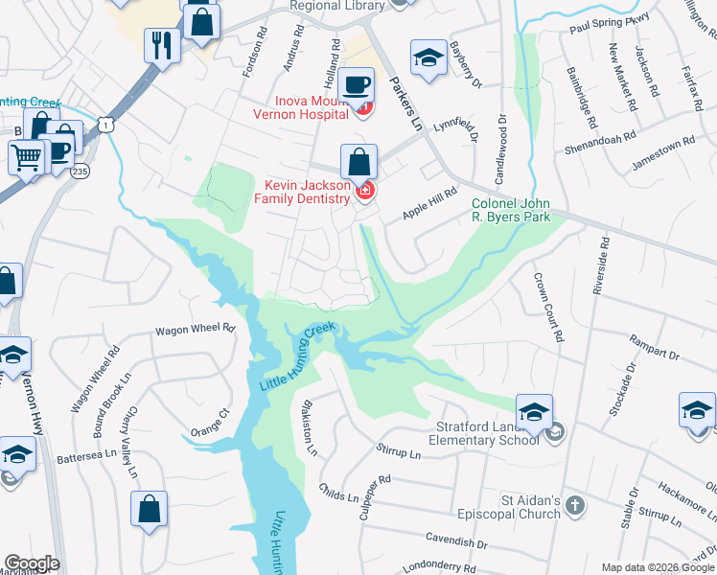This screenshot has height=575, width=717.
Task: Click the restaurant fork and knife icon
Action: [x=161, y=43]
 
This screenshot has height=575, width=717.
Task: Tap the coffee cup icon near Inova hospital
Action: [x=358, y=84]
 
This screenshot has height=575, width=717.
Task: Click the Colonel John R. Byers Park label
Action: [x=512, y=210]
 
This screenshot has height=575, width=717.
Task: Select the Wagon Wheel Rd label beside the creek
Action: [x=196, y=329]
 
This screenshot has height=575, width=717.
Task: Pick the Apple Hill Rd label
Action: [x=430, y=203]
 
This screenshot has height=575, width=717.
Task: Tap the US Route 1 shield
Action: [x=104, y=124]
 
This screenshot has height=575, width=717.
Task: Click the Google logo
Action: [x=32, y=563]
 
